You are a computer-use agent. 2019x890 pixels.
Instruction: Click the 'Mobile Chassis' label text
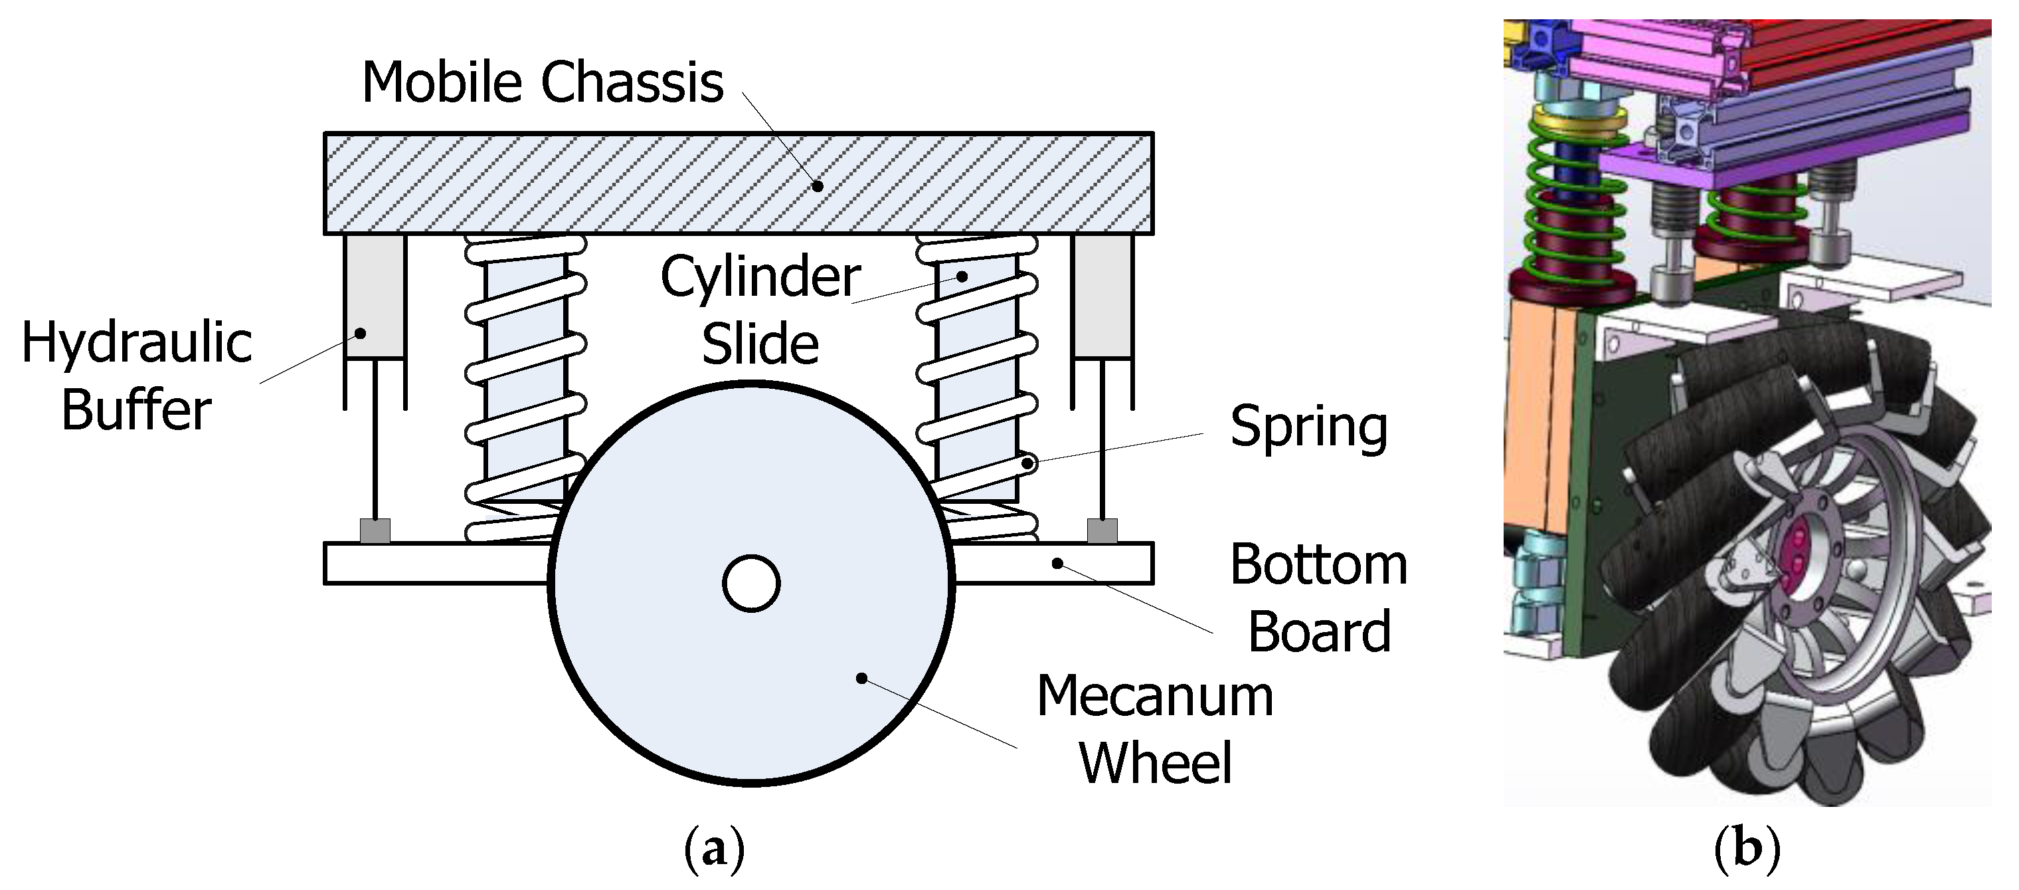[543, 82]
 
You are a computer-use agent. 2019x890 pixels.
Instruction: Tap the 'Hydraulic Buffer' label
[137, 376]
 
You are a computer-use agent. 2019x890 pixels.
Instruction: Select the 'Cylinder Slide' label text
[760, 310]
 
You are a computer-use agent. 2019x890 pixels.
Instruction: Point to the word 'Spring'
[1308, 427]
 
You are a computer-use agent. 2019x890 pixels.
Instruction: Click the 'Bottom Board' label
[1319, 598]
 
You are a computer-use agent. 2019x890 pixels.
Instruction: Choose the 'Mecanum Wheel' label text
[1156, 729]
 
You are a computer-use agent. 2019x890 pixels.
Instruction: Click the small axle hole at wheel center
[751, 584]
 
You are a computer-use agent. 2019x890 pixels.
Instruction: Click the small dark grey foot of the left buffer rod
[375, 531]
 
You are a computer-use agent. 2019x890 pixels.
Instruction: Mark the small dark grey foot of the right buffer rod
[1102, 531]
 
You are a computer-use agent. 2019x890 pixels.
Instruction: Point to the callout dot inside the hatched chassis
[818, 186]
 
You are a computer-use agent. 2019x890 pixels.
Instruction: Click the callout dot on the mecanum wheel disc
[861, 678]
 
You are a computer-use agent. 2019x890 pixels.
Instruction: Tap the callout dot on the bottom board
[1057, 563]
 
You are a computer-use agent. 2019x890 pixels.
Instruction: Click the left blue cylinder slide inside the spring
[523, 376]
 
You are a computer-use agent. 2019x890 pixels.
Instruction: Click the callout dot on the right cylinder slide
[962, 276]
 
